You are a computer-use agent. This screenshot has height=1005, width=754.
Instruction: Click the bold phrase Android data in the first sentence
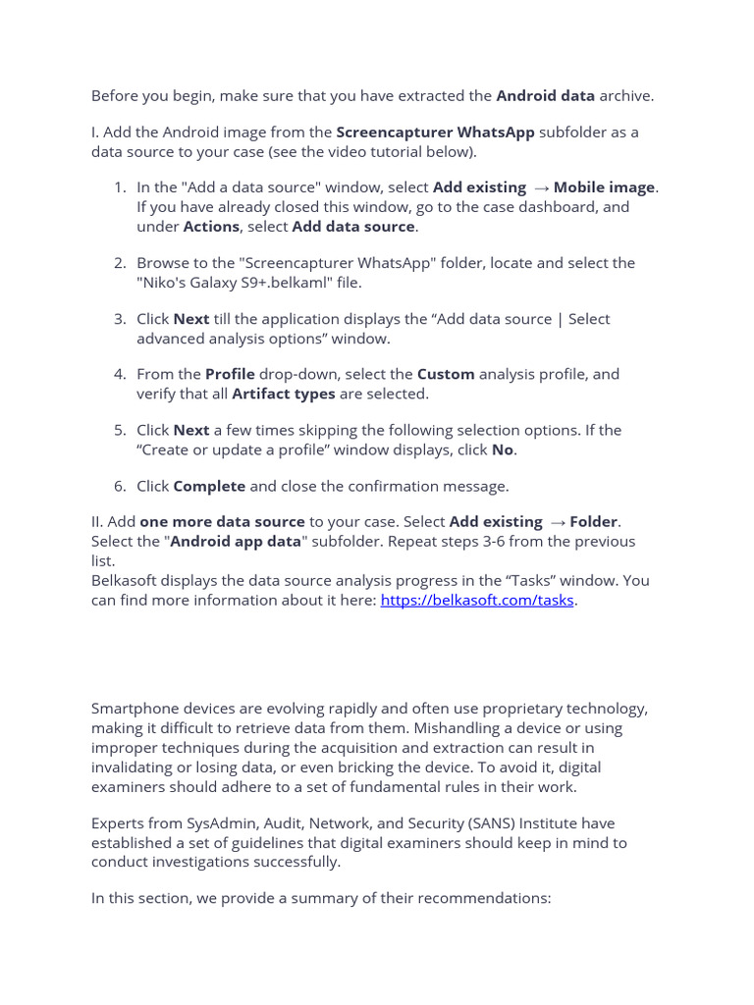click(545, 96)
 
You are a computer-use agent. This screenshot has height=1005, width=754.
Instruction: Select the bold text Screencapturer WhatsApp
click(435, 132)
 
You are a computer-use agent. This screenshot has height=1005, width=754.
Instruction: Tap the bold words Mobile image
click(605, 187)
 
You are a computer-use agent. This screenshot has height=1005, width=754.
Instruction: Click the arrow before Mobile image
click(541, 188)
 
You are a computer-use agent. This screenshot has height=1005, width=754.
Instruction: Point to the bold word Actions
click(211, 227)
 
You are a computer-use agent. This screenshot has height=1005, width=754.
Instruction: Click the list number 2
click(120, 263)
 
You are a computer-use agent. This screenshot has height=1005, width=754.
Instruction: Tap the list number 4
click(120, 374)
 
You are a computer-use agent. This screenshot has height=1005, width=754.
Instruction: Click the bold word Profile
click(230, 374)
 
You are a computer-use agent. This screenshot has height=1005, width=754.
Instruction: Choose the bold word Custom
click(446, 374)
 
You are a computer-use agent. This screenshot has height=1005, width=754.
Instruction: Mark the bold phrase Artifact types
click(284, 394)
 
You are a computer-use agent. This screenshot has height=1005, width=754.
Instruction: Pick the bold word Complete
click(209, 486)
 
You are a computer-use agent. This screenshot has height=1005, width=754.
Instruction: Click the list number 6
click(120, 486)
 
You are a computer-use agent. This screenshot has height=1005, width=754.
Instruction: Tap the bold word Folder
click(594, 522)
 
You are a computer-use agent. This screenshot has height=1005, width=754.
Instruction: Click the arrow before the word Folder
click(557, 523)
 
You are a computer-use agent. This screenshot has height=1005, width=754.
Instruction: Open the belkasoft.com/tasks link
click(477, 600)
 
